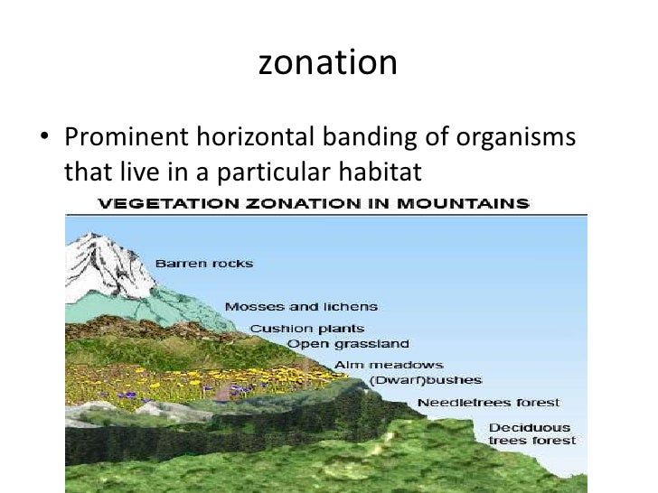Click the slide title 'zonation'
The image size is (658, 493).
point(328,63)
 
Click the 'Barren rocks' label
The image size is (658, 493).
point(204,264)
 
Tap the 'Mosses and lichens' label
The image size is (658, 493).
point(301,307)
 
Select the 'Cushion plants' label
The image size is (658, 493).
point(307,329)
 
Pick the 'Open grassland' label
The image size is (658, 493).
point(348,344)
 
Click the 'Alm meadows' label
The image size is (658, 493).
point(389,365)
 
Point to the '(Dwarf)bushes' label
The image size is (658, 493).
point(426,380)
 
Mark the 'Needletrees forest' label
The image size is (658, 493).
point(488,403)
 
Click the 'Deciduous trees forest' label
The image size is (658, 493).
point(530,433)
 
